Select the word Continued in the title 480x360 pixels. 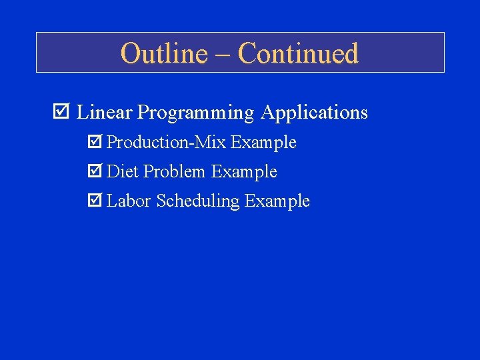pos(298,53)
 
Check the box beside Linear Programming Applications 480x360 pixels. pos(61,112)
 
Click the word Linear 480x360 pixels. pos(105,112)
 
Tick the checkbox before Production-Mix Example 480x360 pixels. pos(95,142)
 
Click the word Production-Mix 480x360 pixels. pos(167,143)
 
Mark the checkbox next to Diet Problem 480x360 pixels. pos(95,171)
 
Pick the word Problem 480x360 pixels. pos(174,172)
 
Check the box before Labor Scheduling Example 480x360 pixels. pos(95,201)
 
